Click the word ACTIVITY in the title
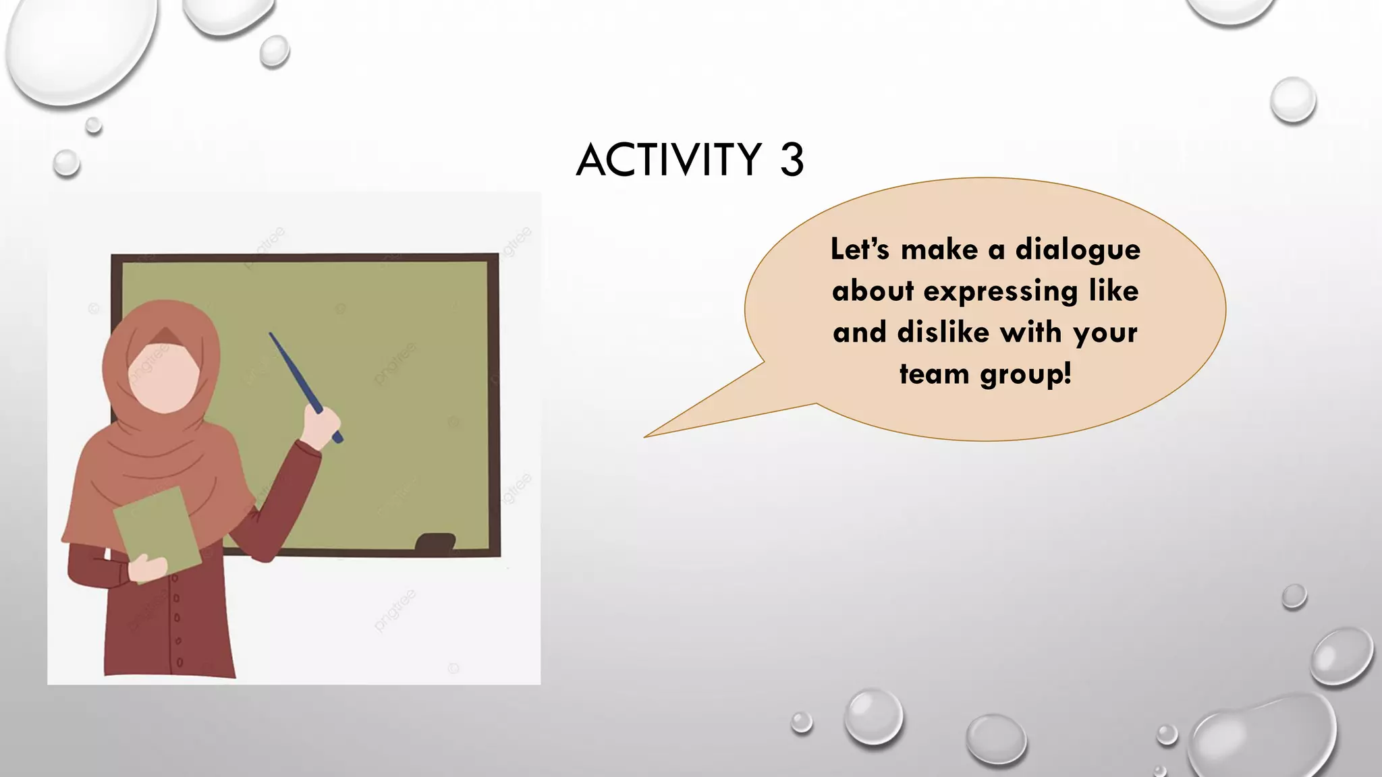coord(669,160)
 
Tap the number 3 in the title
coord(792,160)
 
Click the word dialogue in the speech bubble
coord(1078,250)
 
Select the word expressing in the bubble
coord(1001,292)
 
